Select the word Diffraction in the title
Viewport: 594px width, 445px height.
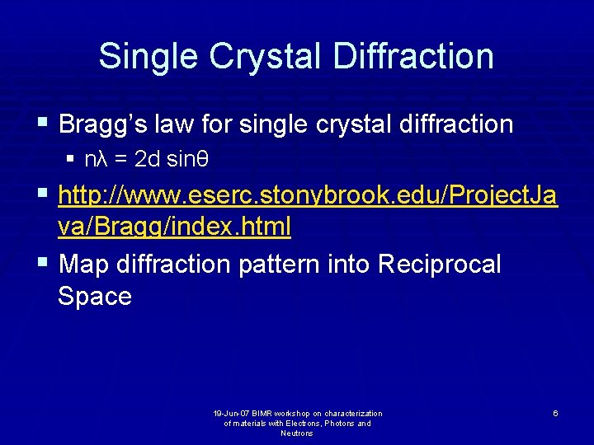pos(418,56)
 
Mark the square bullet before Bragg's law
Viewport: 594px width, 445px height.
pos(42,124)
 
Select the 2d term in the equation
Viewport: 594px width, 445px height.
pos(147,159)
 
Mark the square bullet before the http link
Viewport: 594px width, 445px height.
pos(42,196)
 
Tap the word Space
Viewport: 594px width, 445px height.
pos(95,297)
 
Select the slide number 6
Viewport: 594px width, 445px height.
pos(555,413)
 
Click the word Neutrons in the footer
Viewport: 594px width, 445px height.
pos(297,433)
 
